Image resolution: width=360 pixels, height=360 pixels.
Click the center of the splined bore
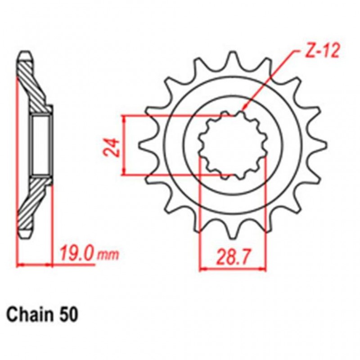point(233,145)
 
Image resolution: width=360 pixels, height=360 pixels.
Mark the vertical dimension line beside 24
point(124,145)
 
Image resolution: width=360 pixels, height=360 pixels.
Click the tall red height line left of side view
point(18,157)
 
